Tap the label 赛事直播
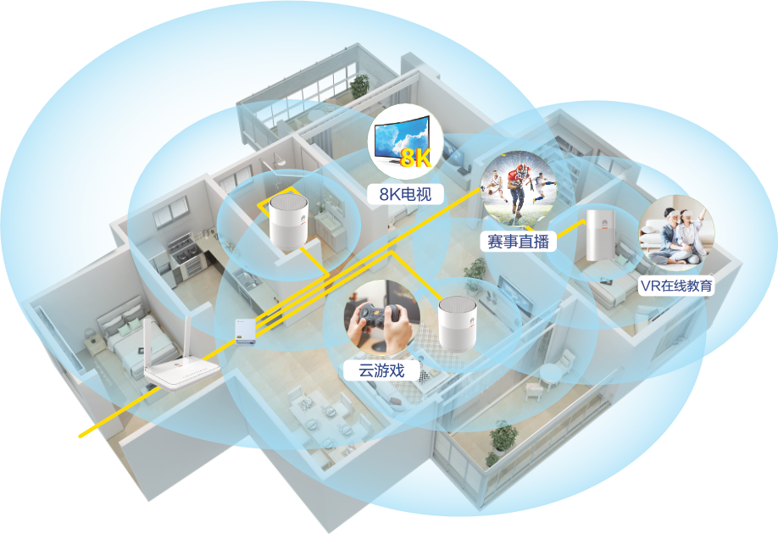point(518,242)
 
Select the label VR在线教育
point(676,286)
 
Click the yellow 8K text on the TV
point(416,158)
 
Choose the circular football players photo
point(519,188)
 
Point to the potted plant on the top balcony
point(360,85)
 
